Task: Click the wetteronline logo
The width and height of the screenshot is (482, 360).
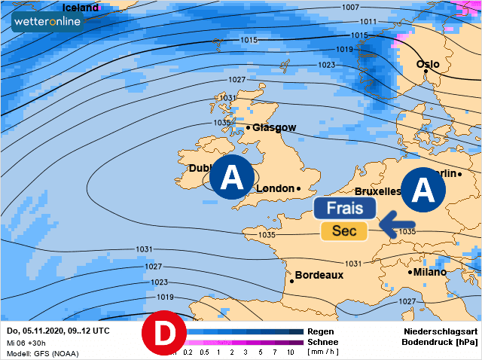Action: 50,22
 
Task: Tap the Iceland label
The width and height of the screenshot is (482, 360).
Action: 80,8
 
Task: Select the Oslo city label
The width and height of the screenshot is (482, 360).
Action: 428,65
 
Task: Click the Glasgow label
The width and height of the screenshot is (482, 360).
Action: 274,128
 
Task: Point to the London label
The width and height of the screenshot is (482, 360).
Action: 276,188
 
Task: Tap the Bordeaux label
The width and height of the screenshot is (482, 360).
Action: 319,275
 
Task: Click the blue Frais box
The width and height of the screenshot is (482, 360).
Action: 345,209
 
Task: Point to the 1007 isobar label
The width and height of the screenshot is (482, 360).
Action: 371,7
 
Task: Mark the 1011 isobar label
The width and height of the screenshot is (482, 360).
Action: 368,21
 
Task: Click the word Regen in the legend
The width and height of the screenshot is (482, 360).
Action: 321,331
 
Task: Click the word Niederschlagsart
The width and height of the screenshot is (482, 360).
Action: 441,331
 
